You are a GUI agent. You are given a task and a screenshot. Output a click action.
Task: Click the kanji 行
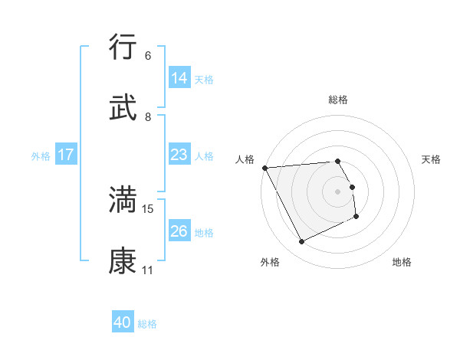123,47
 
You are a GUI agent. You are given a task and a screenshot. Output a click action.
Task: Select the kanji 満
123,199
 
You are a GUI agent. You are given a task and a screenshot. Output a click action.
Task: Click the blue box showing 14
179,78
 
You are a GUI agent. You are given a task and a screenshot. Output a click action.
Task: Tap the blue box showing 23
179,155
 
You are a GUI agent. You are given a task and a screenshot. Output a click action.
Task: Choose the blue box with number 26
179,231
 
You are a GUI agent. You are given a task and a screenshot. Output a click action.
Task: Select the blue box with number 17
66,155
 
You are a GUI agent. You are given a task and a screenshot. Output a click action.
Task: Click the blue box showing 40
123,322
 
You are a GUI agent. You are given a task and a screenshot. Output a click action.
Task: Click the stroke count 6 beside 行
148,56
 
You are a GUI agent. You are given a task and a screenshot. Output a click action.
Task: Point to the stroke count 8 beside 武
148,117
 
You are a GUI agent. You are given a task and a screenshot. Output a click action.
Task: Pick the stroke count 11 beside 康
148,270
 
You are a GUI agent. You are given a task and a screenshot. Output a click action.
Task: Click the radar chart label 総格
338,100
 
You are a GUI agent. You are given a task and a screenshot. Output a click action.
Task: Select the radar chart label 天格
431,159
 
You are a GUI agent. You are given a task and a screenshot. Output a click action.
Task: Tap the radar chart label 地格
402,262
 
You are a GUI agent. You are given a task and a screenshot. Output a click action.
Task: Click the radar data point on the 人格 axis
264,168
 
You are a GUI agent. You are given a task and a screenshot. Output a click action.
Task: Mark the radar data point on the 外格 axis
302,242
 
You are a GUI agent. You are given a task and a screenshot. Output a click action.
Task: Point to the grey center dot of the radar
338,191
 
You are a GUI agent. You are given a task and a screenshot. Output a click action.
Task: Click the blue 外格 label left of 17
41,155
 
